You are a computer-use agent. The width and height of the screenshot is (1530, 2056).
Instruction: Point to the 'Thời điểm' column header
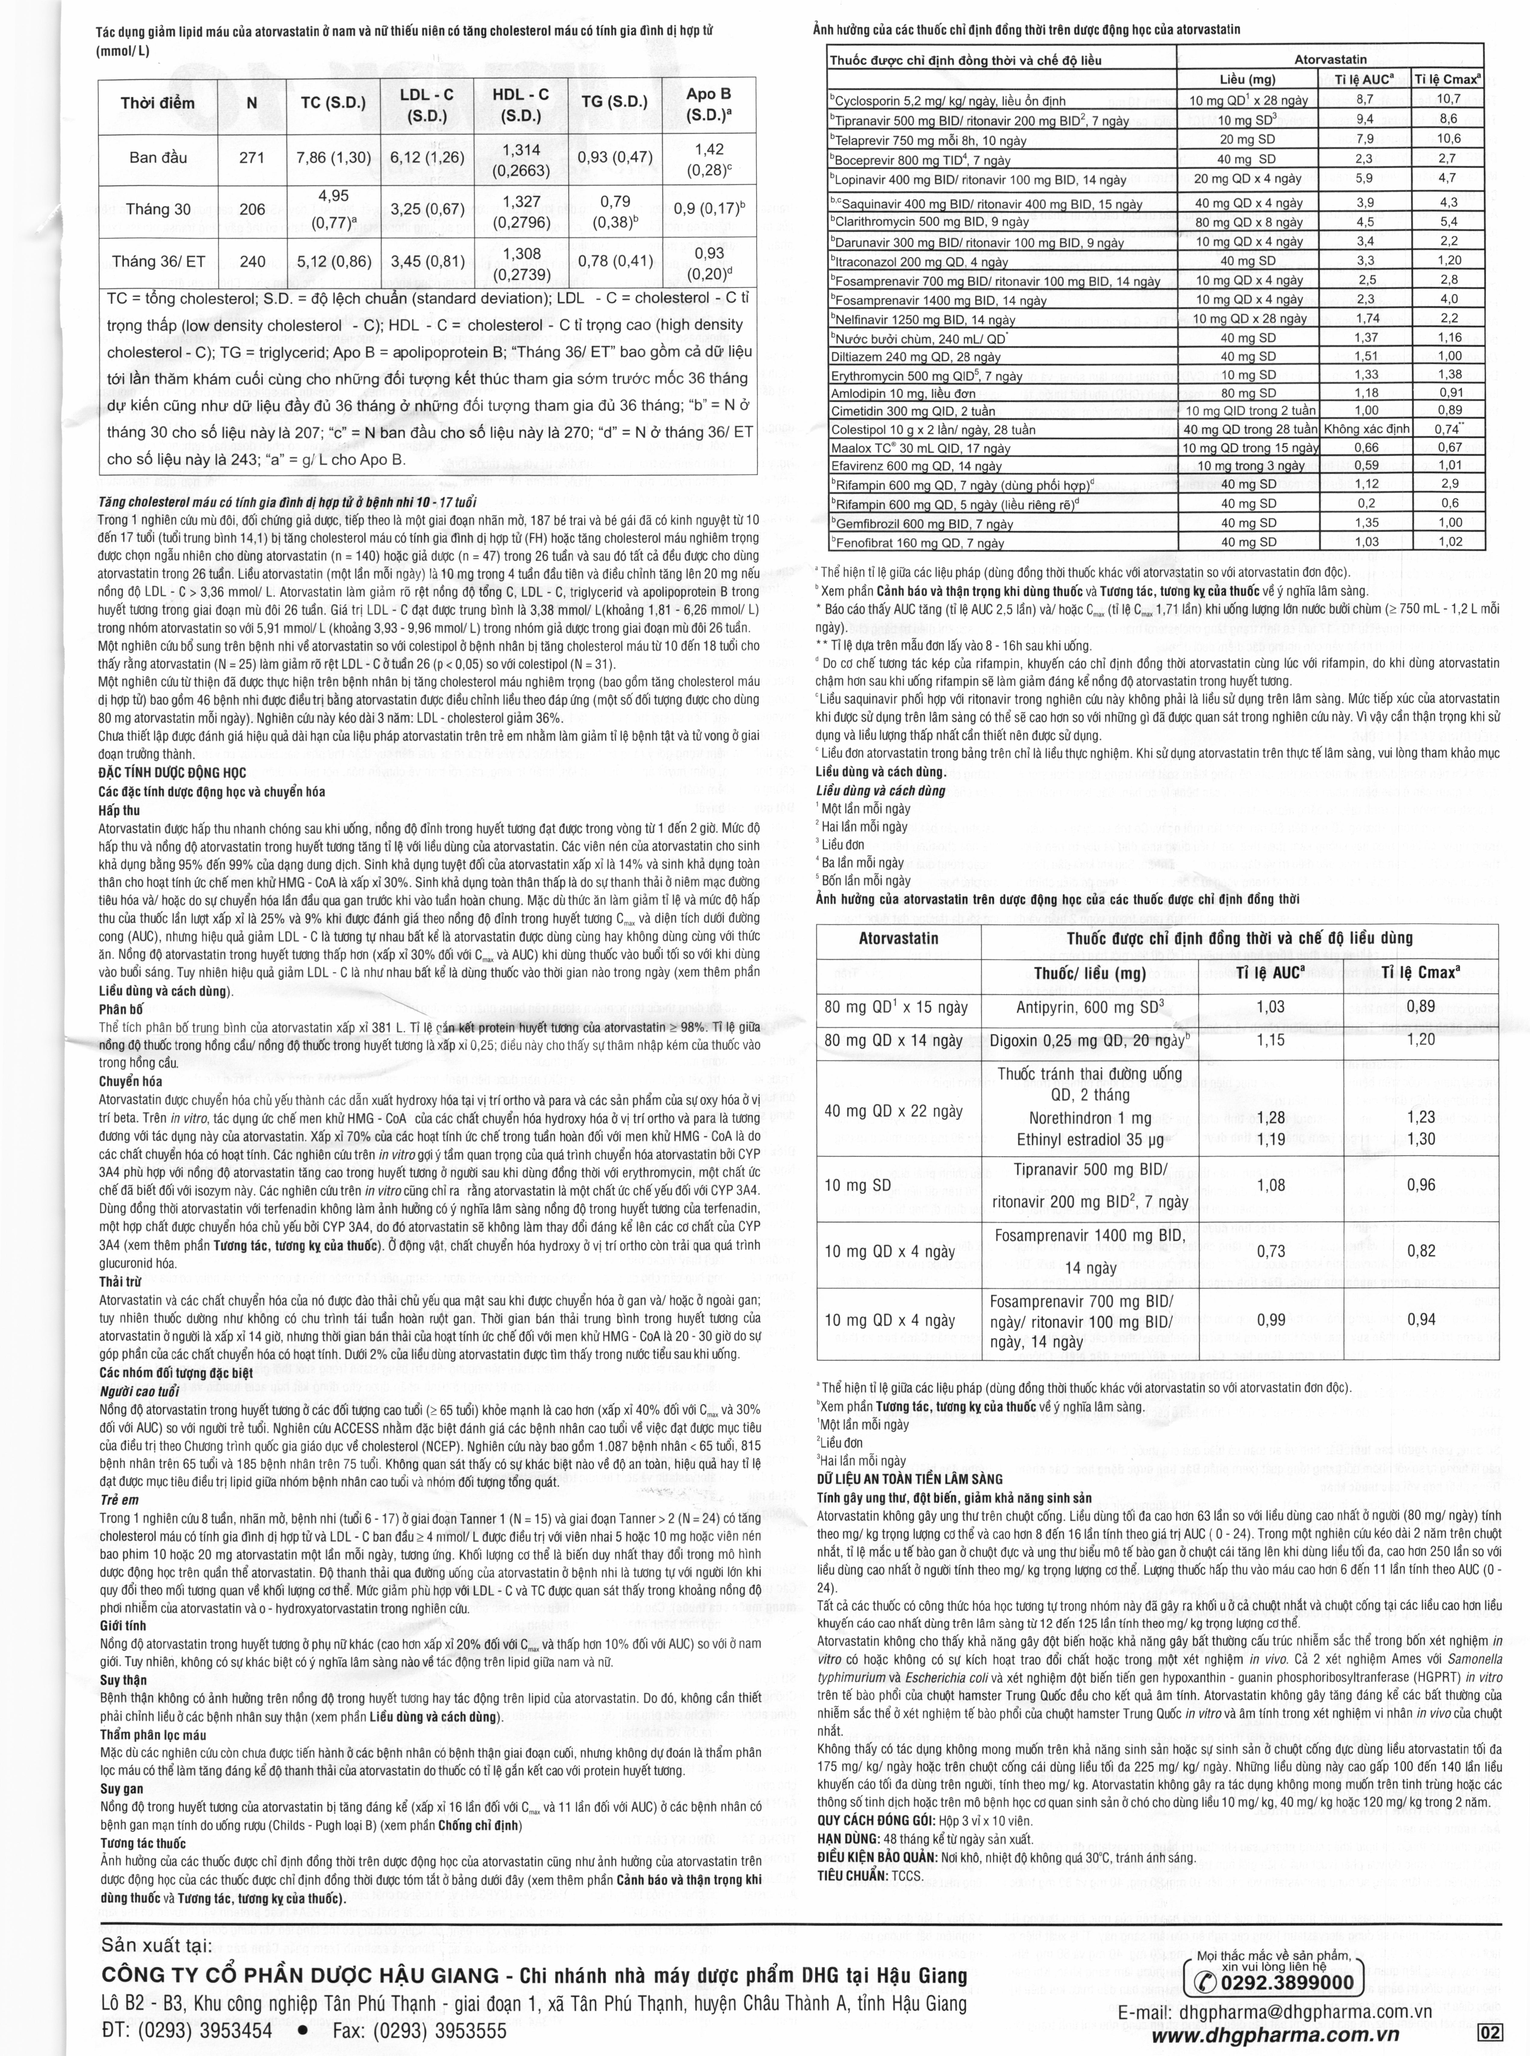[x=157, y=103]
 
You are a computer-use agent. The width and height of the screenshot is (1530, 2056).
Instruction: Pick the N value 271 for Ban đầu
[x=252, y=157]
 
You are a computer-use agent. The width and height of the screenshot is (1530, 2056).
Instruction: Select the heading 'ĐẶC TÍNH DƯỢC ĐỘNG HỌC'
[x=172, y=773]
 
